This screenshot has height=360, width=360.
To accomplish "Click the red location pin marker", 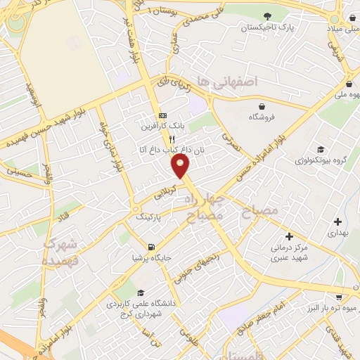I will [181, 166].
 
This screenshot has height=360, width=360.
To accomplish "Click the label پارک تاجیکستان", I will [266, 28].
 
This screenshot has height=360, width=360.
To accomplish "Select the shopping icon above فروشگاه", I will [252, 107].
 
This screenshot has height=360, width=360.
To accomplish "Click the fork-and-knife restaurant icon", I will [162, 139].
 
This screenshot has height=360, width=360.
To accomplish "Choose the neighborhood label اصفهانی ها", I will [228, 82].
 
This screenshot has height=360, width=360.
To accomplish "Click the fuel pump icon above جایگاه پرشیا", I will [151, 246].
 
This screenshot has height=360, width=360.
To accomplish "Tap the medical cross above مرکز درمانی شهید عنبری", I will [288, 237].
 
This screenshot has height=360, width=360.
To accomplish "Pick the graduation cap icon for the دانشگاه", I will [141, 293].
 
